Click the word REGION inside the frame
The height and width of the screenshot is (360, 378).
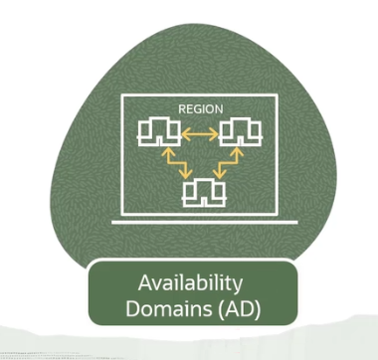(x=200, y=107)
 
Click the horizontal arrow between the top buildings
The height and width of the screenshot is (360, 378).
(x=199, y=131)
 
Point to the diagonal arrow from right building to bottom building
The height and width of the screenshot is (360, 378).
(x=232, y=161)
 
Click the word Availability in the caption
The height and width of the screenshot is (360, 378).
(x=190, y=283)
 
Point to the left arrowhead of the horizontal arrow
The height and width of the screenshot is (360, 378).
(x=184, y=131)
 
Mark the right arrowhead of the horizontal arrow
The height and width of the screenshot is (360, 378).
(x=215, y=131)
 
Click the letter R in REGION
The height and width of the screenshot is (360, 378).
(x=180, y=107)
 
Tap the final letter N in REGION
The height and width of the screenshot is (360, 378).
(x=219, y=107)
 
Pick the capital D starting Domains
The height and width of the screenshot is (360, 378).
(x=131, y=308)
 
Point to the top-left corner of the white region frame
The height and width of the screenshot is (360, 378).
(x=122, y=96)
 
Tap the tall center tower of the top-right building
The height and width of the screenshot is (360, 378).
(x=240, y=126)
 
